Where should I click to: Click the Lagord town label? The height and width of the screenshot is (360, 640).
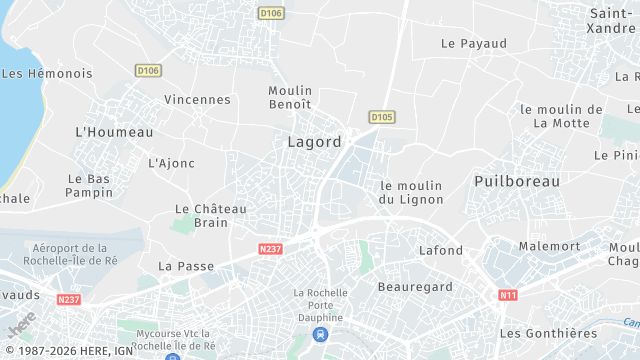(314, 142)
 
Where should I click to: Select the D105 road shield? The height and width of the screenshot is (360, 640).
(381, 117)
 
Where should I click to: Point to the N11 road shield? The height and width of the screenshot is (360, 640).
(508, 295)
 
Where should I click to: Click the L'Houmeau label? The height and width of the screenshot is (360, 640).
(115, 132)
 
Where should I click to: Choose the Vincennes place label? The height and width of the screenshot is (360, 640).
(197, 100)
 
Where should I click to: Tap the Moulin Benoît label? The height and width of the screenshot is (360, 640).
(290, 97)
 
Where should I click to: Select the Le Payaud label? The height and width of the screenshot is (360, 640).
(474, 44)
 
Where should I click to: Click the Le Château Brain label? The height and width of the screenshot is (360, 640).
(202, 216)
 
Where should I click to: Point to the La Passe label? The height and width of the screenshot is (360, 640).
(180, 266)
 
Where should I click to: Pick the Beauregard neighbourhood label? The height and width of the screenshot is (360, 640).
(415, 287)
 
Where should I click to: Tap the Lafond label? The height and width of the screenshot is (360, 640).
(441, 250)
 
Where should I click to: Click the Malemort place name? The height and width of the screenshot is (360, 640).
(549, 246)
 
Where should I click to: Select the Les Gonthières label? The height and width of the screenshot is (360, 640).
(548, 333)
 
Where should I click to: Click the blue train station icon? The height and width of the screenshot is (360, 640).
(319, 334)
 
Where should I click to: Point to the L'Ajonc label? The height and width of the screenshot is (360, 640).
(172, 163)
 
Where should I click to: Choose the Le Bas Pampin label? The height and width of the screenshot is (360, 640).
(90, 185)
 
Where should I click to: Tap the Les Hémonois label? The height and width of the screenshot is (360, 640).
(47, 74)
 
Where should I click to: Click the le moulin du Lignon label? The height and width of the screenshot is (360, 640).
(411, 192)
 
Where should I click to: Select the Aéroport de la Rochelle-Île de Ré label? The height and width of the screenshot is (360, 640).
(70, 254)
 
